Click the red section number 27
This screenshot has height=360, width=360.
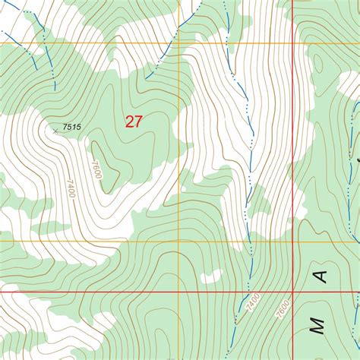[x=134, y=121]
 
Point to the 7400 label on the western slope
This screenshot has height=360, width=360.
[x=70, y=188]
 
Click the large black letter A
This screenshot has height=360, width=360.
[x=322, y=276]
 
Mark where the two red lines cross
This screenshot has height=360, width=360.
[x=293, y=291]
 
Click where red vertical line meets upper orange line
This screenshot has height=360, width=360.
[x=293, y=43]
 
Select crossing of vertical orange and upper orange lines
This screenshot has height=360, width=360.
[x=179, y=43]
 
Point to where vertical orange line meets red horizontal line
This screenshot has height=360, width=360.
[x=179, y=291]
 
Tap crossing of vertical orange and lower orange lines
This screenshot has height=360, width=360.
[x=179, y=242]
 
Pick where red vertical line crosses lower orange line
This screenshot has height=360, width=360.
[x=293, y=242]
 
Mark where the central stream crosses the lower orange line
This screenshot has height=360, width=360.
[x=250, y=242]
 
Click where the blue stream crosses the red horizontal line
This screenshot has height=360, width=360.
[x=246, y=291]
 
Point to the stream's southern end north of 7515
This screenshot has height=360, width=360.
[x=55, y=90]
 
